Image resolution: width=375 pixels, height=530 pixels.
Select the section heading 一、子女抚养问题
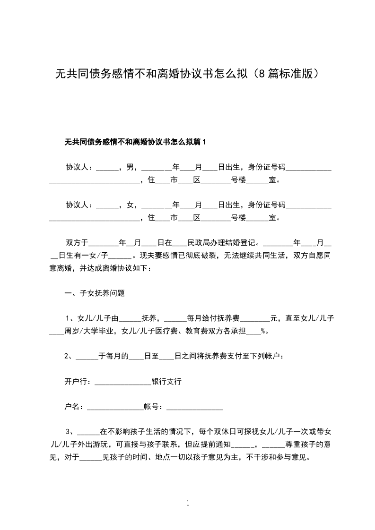(95, 293)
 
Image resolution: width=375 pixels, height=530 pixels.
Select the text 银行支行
(166, 381)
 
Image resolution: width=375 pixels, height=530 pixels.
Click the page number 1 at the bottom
(188, 503)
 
